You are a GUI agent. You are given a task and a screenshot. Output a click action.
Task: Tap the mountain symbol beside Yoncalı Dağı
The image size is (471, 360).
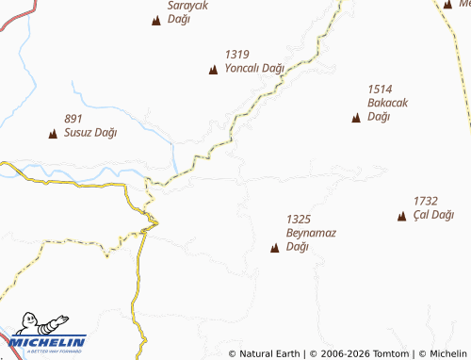(213, 69)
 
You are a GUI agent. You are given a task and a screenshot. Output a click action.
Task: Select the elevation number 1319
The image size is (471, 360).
(236, 55)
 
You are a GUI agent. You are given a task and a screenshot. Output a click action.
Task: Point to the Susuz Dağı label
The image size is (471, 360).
(90, 133)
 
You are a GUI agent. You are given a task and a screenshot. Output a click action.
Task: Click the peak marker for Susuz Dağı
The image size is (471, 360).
(53, 134)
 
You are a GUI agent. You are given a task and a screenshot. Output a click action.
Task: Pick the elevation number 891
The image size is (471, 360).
(74, 119)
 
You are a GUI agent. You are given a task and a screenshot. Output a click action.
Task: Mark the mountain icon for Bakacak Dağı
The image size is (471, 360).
(355, 118)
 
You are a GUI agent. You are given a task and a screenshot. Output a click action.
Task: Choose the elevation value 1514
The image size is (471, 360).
(380, 89)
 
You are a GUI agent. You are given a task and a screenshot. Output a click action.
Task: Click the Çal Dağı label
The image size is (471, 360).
(433, 215)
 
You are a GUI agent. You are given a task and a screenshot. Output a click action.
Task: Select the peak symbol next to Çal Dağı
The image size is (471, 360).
(401, 216)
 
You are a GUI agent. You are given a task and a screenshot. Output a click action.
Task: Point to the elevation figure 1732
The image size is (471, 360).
(426, 201)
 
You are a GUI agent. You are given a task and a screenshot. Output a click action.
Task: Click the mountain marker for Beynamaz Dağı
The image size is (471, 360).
(275, 249)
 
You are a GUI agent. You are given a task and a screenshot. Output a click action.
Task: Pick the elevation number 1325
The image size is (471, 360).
(299, 219)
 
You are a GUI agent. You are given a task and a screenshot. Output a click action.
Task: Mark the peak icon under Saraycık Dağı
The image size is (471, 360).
(156, 20)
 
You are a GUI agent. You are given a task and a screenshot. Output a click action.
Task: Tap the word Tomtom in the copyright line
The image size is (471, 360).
(391, 353)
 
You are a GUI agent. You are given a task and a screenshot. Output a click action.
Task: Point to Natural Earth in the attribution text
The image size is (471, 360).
(268, 353)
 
